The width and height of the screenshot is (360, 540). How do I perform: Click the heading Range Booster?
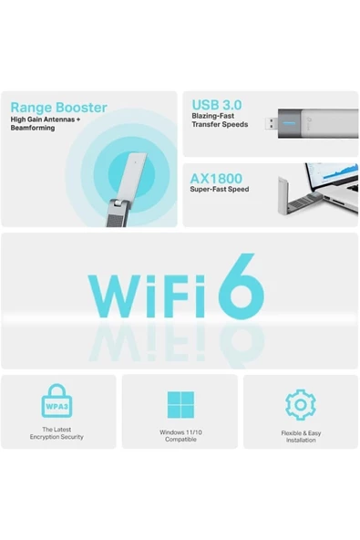tap(58, 108)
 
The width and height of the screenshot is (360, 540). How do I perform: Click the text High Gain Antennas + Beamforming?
tap(46, 123)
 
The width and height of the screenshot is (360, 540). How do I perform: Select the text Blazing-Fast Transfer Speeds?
tap(220, 120)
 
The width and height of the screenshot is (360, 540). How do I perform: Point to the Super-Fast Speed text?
tap(219, 190)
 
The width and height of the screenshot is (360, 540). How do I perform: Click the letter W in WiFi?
tap(120, 291)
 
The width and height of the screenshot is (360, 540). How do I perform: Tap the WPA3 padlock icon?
tap(57, 400)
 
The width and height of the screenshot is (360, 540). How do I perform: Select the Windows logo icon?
tap(180, 404)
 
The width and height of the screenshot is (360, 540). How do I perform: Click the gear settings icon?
tap(300, 404)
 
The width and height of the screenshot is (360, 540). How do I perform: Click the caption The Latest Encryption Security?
tap(57, 433)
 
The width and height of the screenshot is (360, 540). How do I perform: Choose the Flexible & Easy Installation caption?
tap(300, 436)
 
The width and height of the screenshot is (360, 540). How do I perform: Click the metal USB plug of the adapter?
tap(273, 122)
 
